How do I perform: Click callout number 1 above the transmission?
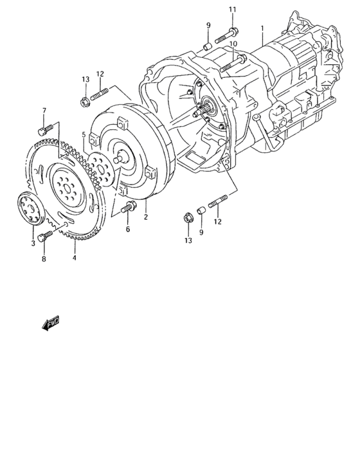pos(262,28)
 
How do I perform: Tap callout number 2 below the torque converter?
pos(146,217)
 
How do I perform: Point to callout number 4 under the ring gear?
pos(75,258)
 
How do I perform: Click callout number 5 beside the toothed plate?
pos(84,134)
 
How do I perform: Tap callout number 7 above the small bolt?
pos(44,111)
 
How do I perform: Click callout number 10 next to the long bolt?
pos(233,44)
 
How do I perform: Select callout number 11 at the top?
pos(232,8)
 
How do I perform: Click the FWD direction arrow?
pos(51,325)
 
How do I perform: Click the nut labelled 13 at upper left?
pos(85,100)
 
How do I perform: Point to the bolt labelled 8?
pos(44,237)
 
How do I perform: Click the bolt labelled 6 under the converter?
pos(130,207)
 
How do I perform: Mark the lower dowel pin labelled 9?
pos(200,210)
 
